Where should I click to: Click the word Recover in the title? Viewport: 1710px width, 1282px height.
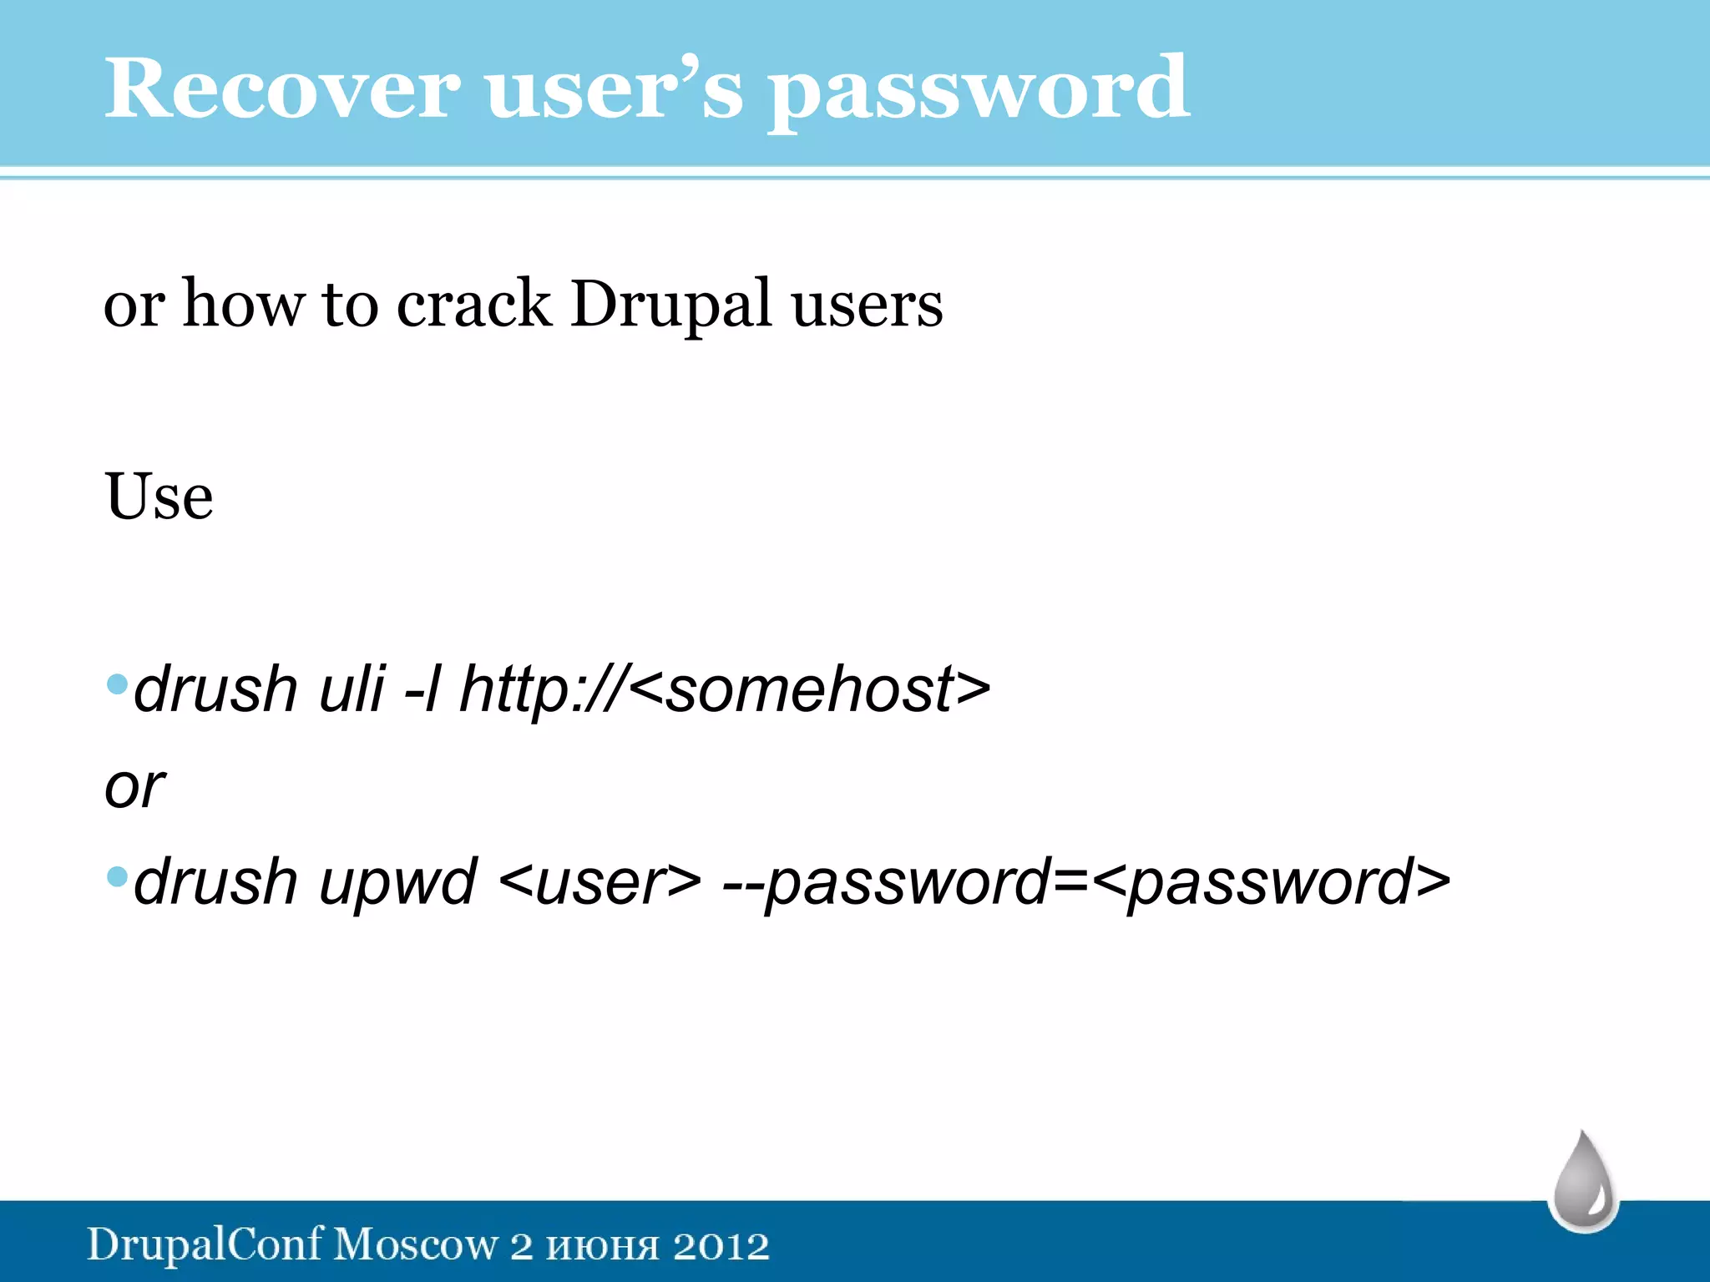coord(281,88)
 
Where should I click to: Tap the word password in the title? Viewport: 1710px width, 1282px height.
coord(979,90)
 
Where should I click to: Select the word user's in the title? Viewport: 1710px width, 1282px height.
coord(614,88)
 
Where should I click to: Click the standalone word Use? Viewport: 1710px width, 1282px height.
coord(159,496)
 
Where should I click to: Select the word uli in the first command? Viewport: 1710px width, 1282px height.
coord(352,689)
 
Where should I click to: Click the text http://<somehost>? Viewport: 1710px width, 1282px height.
coord(725,689)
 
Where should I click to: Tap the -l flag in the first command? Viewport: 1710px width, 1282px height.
coord(422,689)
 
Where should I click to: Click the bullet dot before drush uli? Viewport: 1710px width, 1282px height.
coord(118,684)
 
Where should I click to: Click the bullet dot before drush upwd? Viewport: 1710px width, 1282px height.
coord(118,877)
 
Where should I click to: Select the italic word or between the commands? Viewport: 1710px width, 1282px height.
coord(134,786)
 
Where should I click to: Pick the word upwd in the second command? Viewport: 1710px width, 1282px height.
coord(397,882)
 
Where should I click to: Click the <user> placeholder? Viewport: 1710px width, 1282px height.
coord(600,882)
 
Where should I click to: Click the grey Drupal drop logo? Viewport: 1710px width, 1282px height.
coord(1584,1181)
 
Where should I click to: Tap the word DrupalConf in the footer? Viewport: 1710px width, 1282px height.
coord(205,1244)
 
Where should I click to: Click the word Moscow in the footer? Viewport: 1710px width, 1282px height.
coord(415,1244)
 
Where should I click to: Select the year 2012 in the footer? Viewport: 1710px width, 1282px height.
coord(721,1246)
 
